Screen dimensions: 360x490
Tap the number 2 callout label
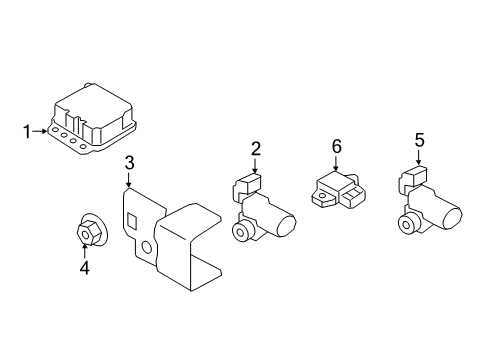click(x=256, y=150)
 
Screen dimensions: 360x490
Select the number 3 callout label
click(x=129, y=163)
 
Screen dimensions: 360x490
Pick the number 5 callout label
click(x=420, y=141)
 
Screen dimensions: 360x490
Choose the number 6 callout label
click(x=336, y=147)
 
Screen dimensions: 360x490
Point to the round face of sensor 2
click(x=242, y=232)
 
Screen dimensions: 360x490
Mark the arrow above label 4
click(x=84, y=251)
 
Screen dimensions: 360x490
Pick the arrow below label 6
click(x=336, y=162)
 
